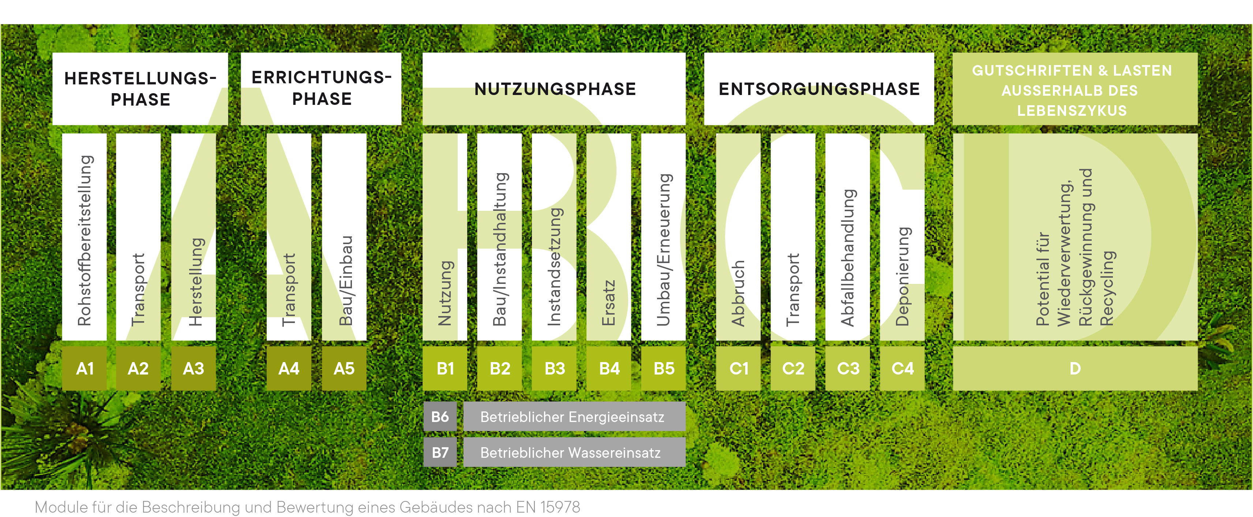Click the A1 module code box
[85, 368]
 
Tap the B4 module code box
[609, 368]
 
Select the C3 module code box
[848, 368]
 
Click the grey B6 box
[440, 417]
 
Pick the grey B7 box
[440, 452]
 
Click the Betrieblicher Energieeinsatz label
[572, 417]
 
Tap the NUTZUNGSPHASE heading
[555, 89]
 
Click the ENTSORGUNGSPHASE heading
[819, 89]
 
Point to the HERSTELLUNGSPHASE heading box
[140, 89]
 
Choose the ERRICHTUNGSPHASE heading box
[321, 88]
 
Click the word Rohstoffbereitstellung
[85, 240]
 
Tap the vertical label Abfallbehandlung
[848, 258]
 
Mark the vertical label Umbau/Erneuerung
[664, 249]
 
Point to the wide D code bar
[1075, 368]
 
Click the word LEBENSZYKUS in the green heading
[1072, 111]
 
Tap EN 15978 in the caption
[548, 507]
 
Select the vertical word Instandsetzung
[555, 266]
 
